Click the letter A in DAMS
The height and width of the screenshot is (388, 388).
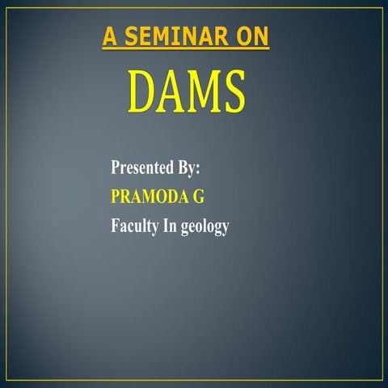(x=173, y=92)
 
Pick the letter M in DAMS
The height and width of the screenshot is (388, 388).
(x=205, y=92)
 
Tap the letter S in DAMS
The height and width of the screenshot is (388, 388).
(x=234, y=92)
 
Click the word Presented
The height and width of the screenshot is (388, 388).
(x=141, y=169)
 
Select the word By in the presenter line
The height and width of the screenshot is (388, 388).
(x=186, y=169)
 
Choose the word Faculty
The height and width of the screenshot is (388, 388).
(x=134, y=226)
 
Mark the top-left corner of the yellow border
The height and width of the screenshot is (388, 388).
(x=8, y=8)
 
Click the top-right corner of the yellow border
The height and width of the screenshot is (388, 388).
(x=382, y=8)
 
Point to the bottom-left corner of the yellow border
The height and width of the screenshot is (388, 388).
(x=8, y=380)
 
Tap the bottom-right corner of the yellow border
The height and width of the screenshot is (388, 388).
(x=382, y=380)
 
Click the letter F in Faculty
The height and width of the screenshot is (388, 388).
(x=115, y=226)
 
